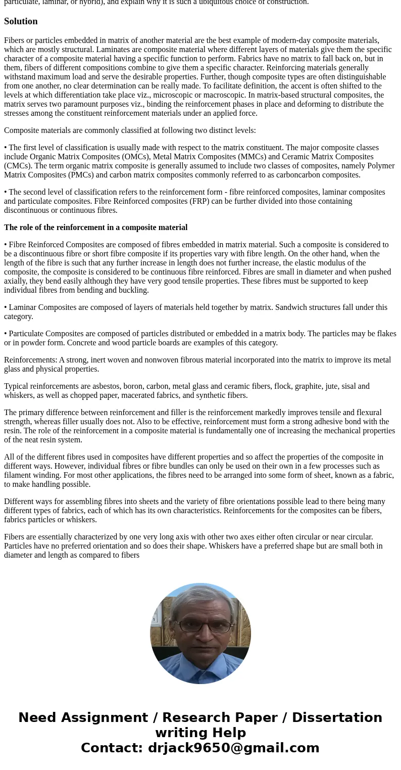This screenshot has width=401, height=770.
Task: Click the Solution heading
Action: (x=21, y=21)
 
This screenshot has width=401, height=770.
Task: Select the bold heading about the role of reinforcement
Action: (x=95, y=228)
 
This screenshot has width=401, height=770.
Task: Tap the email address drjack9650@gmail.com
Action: (x=233, y=748)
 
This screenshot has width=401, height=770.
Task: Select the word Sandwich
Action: (x=291, y=307)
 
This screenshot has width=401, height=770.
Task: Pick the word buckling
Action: (x=134, y=290)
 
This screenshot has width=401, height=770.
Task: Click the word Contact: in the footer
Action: (x=112, y=748)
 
